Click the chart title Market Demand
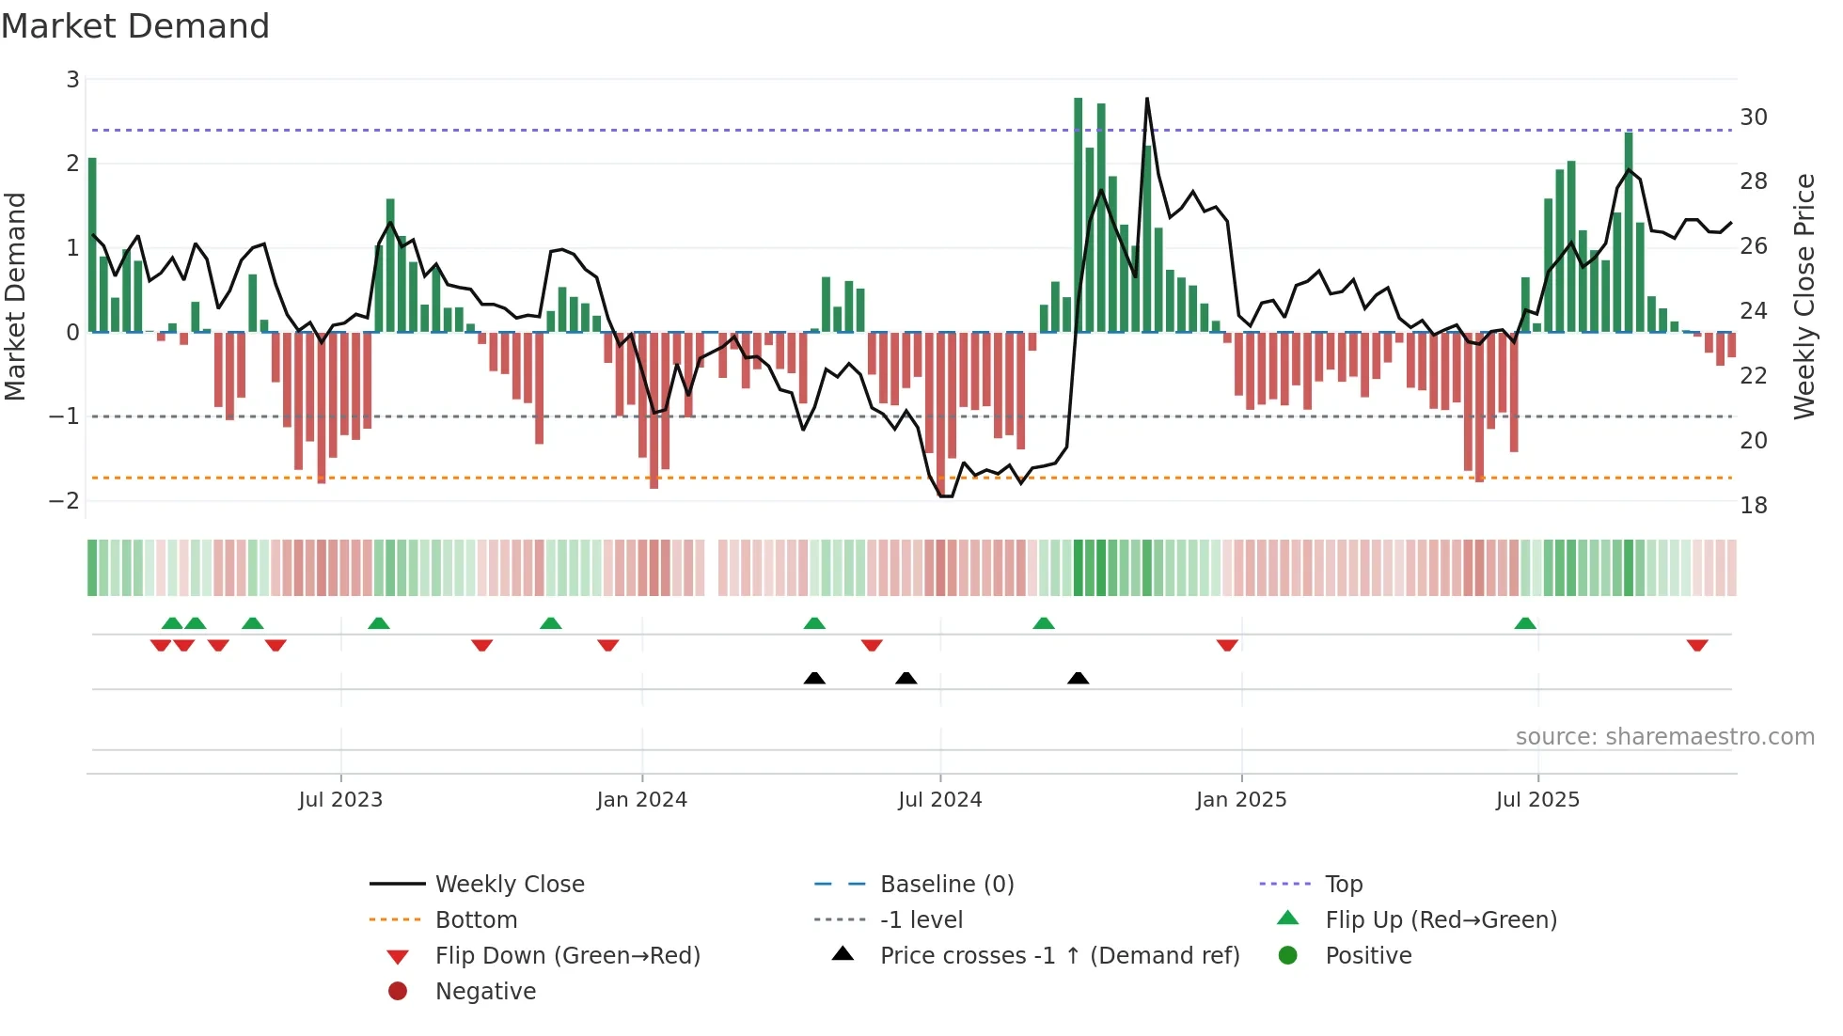coord(135,26)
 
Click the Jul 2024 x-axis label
coord(939,800)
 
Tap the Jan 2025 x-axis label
coord(1240,800)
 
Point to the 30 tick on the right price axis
coord(1753,118)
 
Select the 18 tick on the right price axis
coord(1753,506)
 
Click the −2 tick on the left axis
coord(64,500)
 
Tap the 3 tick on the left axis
coord(72,80)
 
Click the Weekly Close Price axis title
coord(1804,296)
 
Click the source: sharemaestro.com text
coord(1664,737)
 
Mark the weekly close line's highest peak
coord(1147,99)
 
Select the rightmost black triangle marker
coord(1079,678)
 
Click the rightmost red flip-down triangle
coord(1697,645)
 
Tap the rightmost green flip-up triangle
coord(1525,623)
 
